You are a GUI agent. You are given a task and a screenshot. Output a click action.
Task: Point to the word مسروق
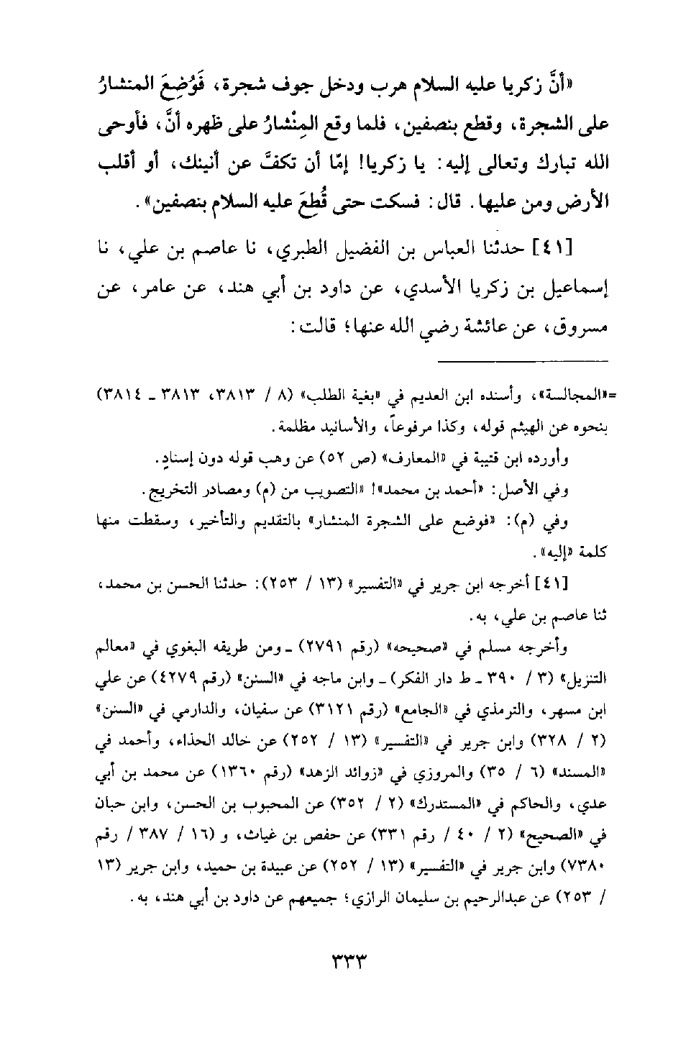pos(582,329)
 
